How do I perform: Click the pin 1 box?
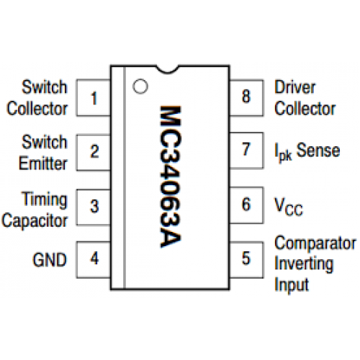(94, 98)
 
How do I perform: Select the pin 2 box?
(94, 153)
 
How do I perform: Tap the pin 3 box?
(94, 207)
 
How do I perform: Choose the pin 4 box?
(94, 259)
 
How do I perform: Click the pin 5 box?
(246, 260)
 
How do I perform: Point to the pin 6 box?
(246, 205)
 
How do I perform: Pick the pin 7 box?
(246, 150)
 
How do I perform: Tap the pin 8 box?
(246, 98)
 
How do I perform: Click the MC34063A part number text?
(171, 176)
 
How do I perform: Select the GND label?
(50, 260)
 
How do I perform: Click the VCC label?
(289, 207)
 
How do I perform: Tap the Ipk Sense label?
(307, 152)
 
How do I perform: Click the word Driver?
(294, 87)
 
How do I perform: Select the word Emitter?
(43, 163)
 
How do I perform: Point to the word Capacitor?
(35, 221)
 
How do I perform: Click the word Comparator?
(315, 244)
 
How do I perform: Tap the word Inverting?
(304, 265)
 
